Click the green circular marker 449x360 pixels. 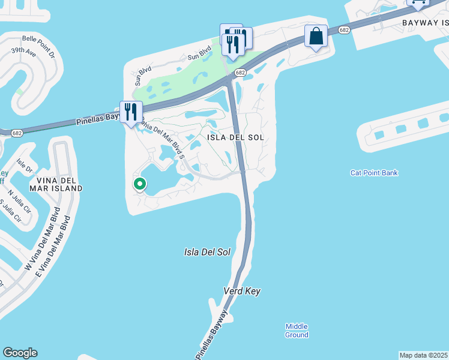coord(140,184)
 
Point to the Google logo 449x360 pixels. coord(20,353)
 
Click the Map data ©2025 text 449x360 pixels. coord(424,355)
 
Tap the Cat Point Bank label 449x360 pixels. coord(374,173)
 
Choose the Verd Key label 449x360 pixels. coord(242,291)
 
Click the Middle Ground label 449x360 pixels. coord(297,330)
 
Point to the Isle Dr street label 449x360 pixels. coord(24,166)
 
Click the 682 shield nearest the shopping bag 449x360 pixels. coord(343,29)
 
